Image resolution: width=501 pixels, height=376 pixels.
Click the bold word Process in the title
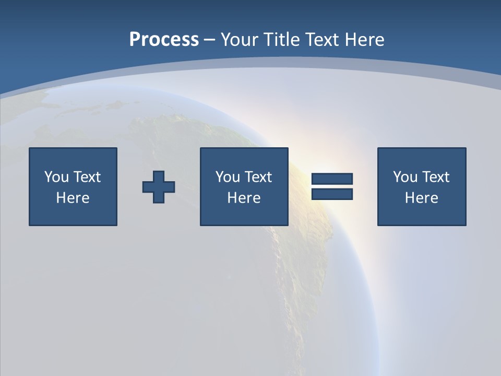click(164, 40)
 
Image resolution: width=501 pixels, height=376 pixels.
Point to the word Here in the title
click(365, 40)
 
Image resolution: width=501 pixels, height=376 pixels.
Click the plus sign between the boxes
click(159, 187)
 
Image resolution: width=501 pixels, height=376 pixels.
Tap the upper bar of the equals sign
click(332, 179)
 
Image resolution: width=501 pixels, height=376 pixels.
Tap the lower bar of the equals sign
click(332, 194)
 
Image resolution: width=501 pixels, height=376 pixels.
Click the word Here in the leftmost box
click(73, 198)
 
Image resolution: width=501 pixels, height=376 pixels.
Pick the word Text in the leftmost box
click(87, 177)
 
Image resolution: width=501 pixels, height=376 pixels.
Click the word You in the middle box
click(228, 177)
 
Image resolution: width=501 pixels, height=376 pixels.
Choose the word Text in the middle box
click(258, 177)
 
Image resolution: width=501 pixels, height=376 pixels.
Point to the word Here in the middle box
click(244, 198)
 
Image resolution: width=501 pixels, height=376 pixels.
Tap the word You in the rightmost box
click(405, 177)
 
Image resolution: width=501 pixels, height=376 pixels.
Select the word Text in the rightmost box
click(435, 177)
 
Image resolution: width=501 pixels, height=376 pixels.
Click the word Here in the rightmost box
click(421, 198)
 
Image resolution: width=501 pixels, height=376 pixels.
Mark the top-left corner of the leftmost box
click(30, 148)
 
